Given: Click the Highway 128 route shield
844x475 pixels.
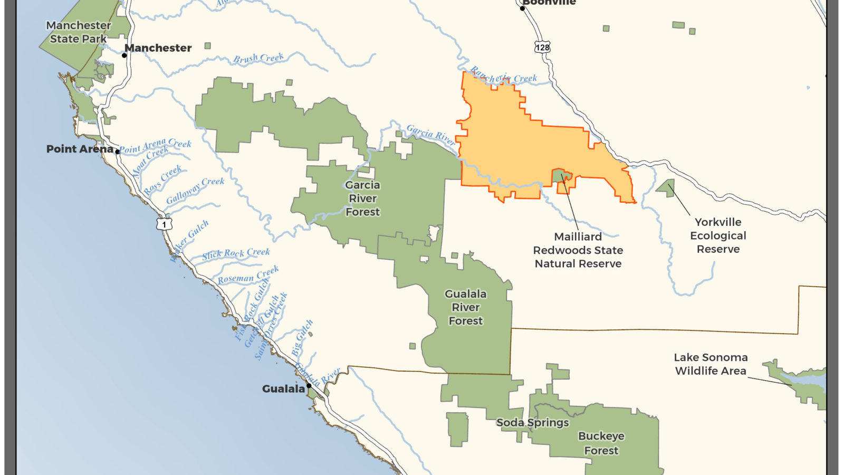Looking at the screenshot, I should [542, 47].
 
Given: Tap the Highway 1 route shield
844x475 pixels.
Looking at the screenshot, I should [164, 224].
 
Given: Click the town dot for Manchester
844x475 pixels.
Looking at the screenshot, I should [124, 55].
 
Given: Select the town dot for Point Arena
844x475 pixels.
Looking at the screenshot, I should [118, 151].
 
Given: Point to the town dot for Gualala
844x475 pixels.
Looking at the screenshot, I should [309, 386].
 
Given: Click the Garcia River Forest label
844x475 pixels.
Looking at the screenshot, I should [362, 198].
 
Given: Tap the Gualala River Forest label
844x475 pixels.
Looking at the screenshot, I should [465, 307].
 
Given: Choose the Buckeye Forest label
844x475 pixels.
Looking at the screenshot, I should [601, 443].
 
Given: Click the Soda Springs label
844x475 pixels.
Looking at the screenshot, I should [533, 422].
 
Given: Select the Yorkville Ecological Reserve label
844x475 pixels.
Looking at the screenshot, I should [718, 235].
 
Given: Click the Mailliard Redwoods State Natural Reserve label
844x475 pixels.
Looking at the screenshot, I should [578, 250].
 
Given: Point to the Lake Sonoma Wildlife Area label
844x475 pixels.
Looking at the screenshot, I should [711, 364].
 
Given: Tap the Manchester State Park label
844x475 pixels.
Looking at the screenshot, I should [79, 32].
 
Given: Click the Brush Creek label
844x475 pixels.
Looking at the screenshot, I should [258, 58].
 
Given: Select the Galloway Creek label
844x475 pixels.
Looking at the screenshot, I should [195, 191].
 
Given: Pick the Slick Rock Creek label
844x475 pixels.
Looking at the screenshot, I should [236, 254].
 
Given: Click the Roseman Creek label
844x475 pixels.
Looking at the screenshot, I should [248, 275].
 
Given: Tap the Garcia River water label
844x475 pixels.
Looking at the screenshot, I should [430, 135].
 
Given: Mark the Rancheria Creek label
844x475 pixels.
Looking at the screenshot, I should [503, 76].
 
